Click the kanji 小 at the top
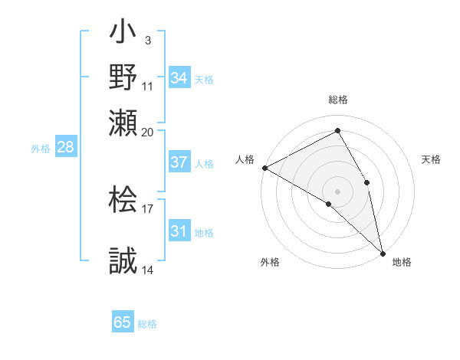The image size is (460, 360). [123, 34]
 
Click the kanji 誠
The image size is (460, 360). [123, 260]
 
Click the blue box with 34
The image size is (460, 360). [179, 77]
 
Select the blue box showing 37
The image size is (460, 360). [179, 162]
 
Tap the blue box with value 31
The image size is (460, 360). [179, 231]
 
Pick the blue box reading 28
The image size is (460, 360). [65, 148]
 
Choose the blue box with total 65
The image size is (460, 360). [123, 322]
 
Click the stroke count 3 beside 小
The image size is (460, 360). [147, 40]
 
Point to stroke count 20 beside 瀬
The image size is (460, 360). [148, 131]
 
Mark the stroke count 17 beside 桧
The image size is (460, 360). [148, 208]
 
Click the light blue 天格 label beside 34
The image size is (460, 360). [204, 79]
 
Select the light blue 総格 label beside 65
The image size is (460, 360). [148, 324]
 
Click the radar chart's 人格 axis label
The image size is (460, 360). [245, 159]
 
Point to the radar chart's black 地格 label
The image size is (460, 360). [402, 262]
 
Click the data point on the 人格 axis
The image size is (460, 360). [264, 168]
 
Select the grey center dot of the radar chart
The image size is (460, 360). [338, 191]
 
